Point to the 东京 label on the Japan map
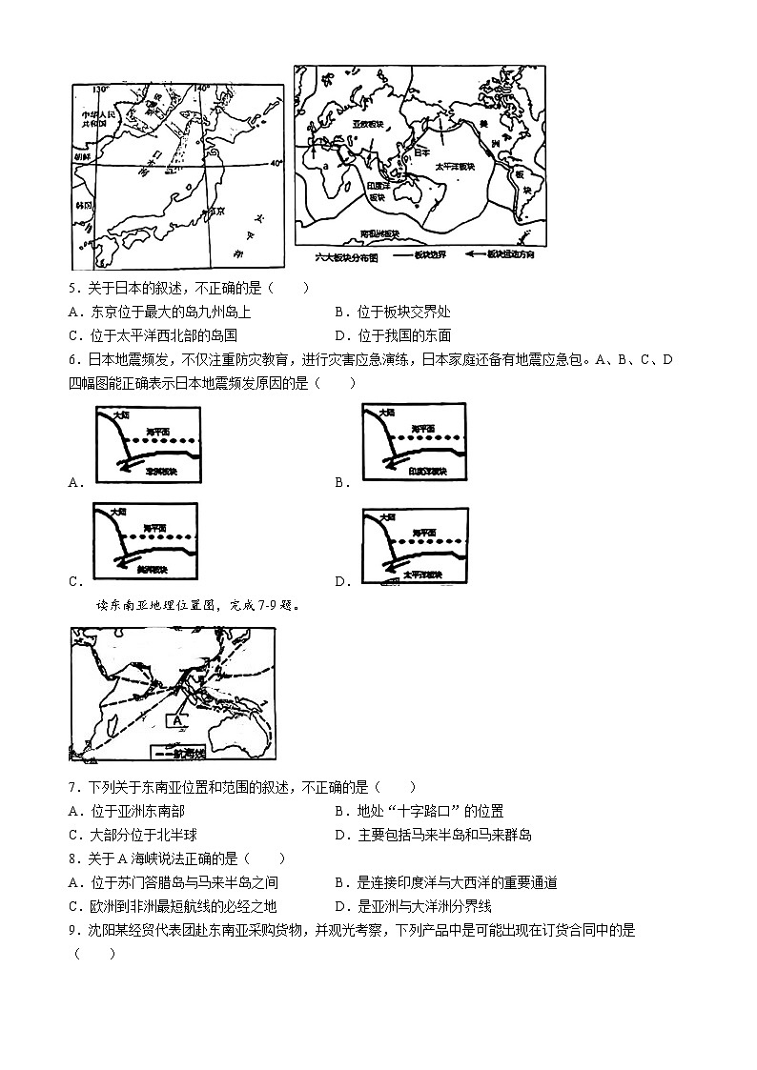[215, 212]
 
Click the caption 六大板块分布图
[347, 257]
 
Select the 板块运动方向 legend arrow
[484, 257]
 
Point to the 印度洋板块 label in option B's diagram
[425, 471]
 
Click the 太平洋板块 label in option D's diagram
[420, 575]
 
